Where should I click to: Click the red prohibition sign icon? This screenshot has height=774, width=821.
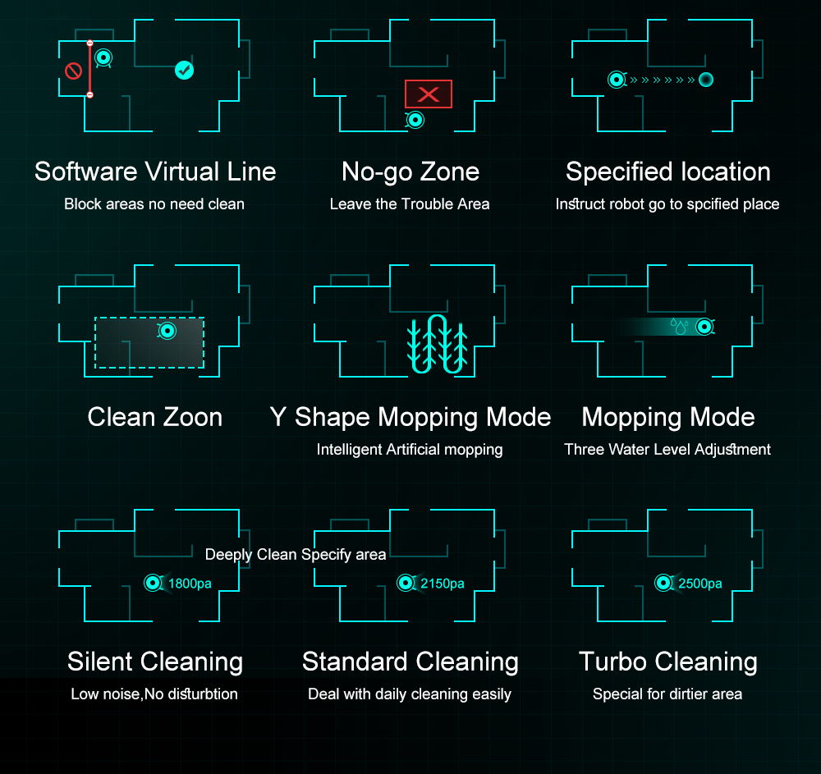tap(73, 71)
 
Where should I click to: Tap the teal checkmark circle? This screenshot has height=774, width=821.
tap(184, 70)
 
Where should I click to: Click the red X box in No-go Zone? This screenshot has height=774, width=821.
tap(429, 94)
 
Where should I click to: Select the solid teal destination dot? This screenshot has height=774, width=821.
tap(706, 80)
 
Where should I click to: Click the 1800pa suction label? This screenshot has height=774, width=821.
tap(190, 584)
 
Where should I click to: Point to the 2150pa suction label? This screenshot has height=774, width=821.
tap(443, 584)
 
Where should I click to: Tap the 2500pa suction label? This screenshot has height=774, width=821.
tap(700, 584)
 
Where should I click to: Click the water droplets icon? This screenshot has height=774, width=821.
tap(680, 326)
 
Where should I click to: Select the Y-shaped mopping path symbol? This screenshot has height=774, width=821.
tap(438, 345)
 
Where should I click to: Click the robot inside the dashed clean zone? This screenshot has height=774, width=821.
tap(167, 331)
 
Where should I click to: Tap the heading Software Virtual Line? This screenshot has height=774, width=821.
tap(155, 172)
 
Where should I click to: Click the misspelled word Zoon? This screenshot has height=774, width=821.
tap(192, 417)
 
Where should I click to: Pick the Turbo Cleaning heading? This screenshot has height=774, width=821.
tap(668, 662)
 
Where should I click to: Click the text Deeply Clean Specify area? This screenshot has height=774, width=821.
tap(296, 554)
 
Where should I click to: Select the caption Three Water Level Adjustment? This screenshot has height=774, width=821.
tap(667, 449)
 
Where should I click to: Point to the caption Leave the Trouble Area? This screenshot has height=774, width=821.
tap(410, 204)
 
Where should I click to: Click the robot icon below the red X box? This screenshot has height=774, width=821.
tap(415, 121)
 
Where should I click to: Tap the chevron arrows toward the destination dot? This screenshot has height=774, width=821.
tap(663, 80)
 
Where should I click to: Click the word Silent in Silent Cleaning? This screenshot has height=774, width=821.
tap(100, 662)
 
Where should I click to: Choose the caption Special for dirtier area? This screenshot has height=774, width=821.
tap(667, 694)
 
